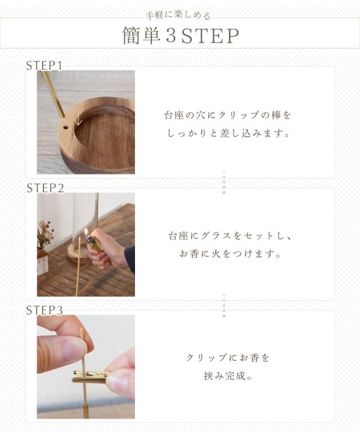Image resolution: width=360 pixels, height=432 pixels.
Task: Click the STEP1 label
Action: click(44, 66)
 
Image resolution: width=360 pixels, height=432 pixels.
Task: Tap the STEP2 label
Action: click(45, 188)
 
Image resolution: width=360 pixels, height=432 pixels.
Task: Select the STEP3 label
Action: click(44, 310)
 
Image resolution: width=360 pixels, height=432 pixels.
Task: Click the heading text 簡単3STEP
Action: click(181, 35)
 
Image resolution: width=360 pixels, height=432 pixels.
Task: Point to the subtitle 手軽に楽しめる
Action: click(178, 15)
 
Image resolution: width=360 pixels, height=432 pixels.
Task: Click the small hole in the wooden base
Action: click(66, 128)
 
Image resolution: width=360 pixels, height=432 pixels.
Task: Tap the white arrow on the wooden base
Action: click(79, 120)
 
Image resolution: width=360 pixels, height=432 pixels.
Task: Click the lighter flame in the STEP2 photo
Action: click(86, 233)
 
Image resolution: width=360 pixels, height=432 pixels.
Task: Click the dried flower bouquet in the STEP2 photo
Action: click(45, 233)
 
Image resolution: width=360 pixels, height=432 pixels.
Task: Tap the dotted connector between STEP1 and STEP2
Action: click(224, 182)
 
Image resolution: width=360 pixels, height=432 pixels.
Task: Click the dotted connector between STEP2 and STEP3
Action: click(224, 305)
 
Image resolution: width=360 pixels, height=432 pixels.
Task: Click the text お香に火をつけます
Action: click(230, 254)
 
